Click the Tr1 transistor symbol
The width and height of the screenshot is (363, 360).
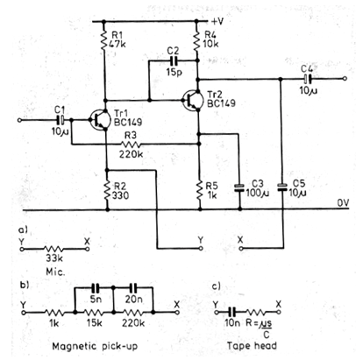point(99,120)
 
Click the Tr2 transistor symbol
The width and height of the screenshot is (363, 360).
point(192,101)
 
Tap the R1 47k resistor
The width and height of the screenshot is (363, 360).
point(103,40)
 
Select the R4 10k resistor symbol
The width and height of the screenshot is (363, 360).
point(196,40)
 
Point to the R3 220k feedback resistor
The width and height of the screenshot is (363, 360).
point(131,144)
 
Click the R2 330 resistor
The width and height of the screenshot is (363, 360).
point(107,190)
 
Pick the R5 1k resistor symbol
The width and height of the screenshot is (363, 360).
point(200,190)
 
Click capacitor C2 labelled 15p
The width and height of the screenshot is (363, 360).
point(174,60)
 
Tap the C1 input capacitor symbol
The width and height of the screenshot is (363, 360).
point(61,120)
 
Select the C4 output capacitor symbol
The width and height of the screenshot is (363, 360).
point(307,79)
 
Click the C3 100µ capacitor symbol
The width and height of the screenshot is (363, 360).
point(239,188)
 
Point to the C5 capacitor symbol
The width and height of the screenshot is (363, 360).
point(282,187)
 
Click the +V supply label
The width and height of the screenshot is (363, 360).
point(217,21)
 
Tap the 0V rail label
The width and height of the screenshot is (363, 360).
point(343,202)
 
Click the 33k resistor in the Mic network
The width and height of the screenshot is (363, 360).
point(54,249)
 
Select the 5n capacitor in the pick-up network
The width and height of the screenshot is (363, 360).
point(96,288)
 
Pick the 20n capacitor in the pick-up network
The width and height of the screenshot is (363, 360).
point(133,288)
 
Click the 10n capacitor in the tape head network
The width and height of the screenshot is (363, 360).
point(232,312)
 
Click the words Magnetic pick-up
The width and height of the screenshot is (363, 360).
point(95,346)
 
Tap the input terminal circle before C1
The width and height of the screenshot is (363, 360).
point(19,120)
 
